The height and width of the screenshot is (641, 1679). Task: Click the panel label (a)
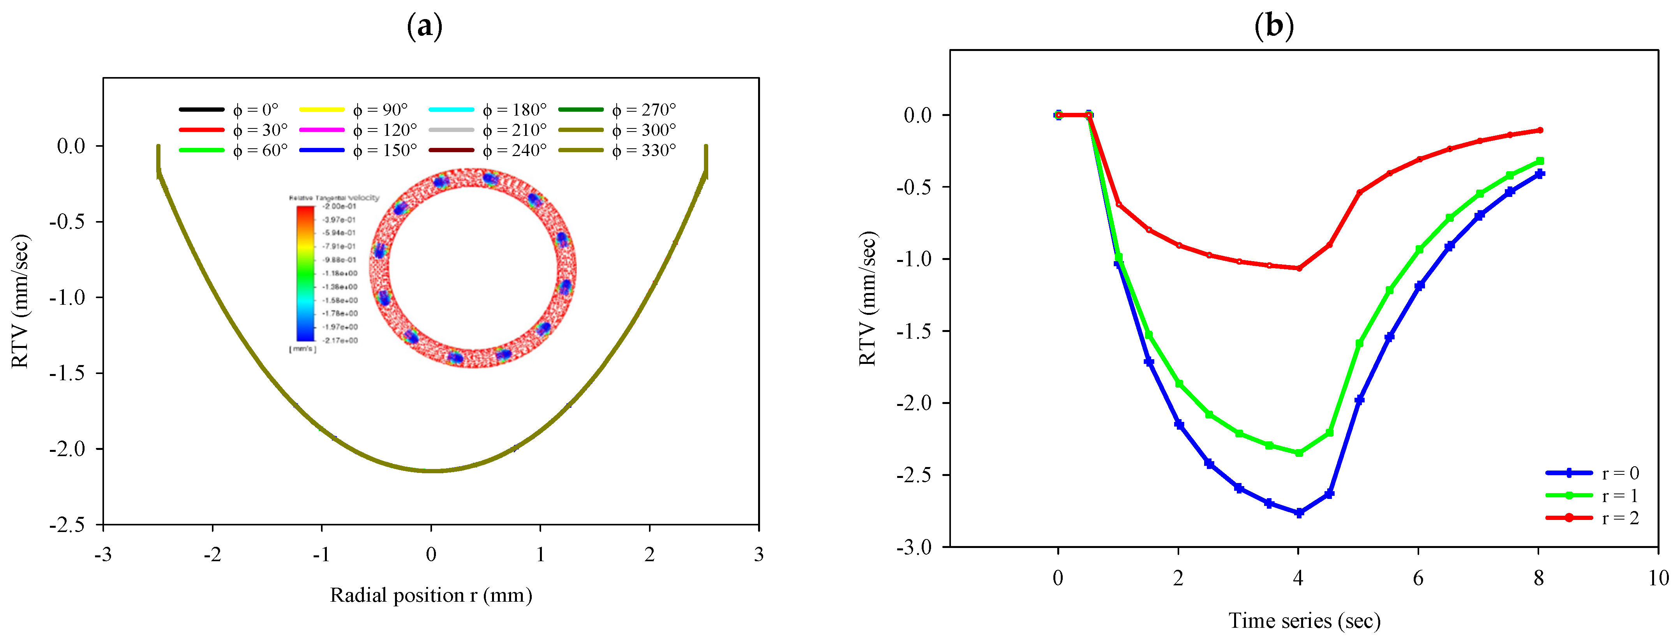tap(424, 27)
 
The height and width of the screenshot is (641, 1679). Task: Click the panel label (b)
tap(1273, 27)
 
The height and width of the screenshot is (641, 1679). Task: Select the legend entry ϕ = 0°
tap(229, 109)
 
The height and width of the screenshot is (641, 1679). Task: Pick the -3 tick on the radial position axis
tap(103, 554)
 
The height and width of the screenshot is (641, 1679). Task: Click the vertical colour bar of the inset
tap(305, 274)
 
